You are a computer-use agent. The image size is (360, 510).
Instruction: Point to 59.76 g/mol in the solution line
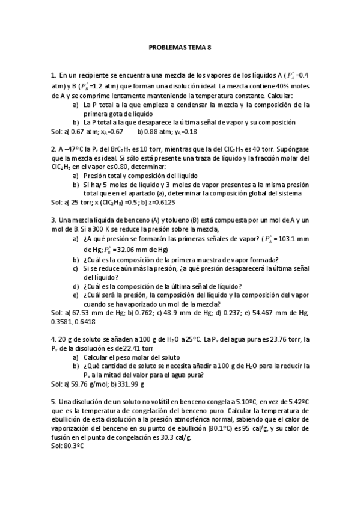click(x=88, y=383)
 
